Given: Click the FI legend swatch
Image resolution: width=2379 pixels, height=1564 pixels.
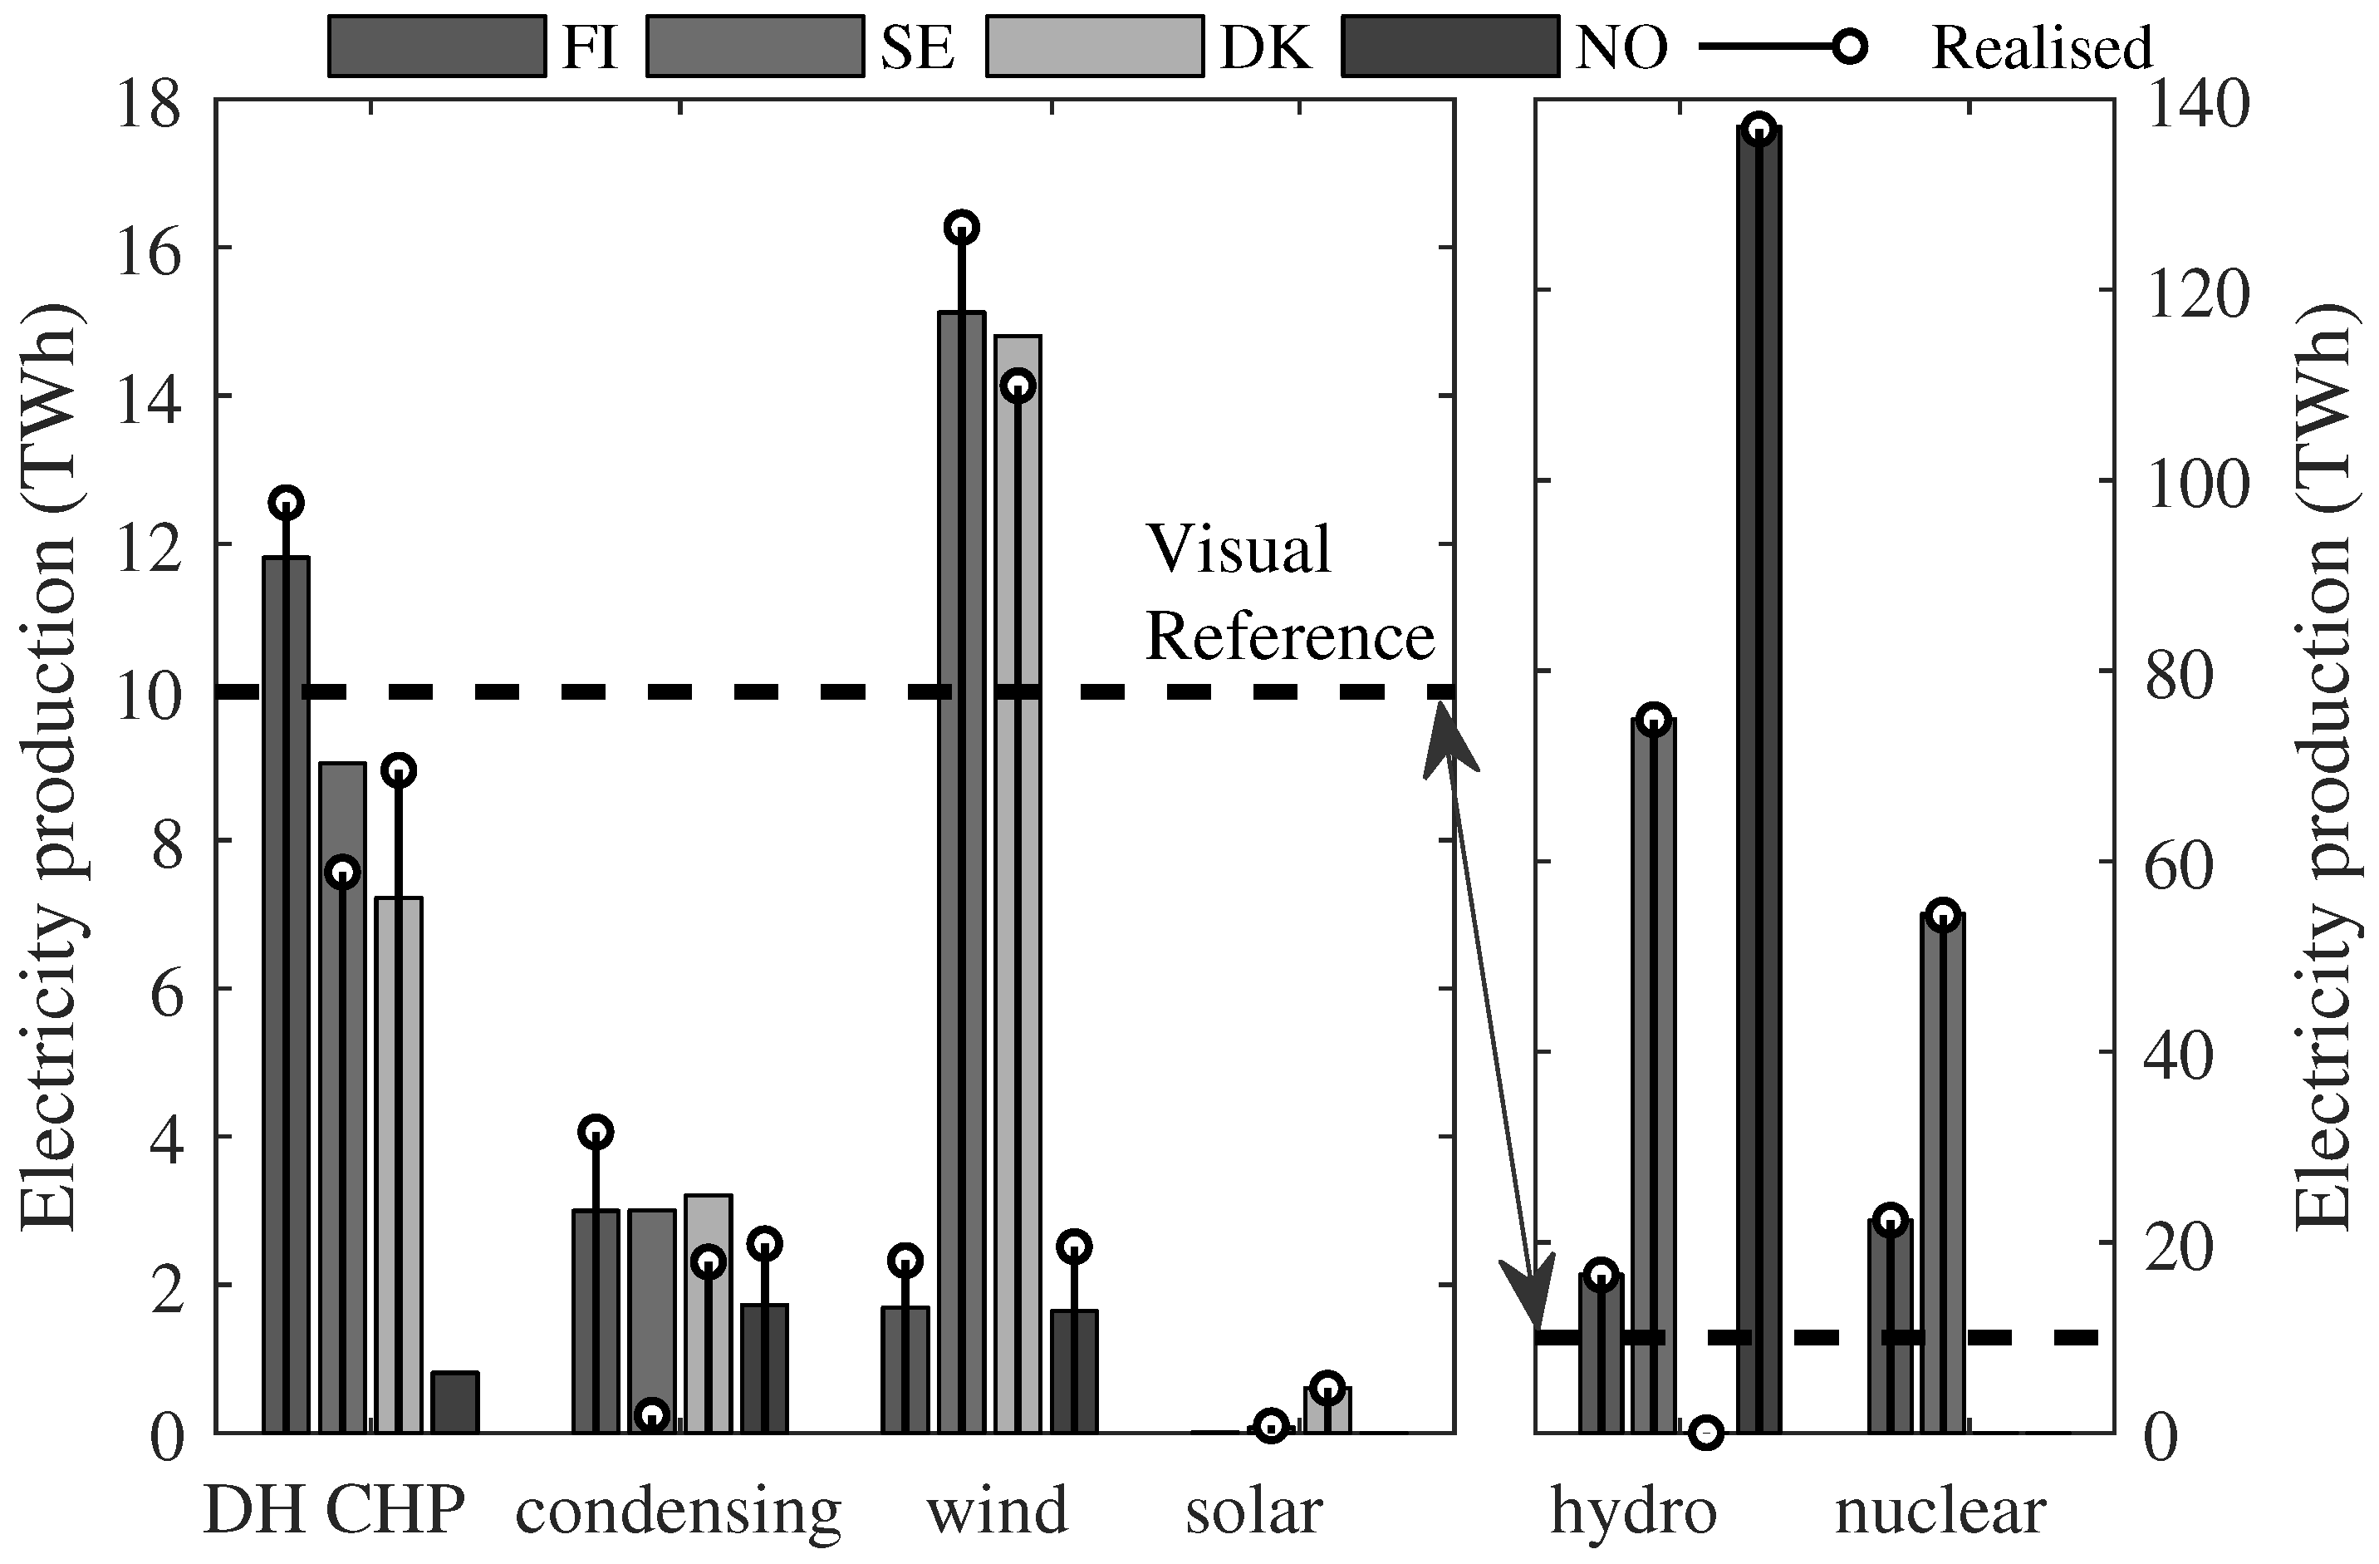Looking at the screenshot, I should (437, 46).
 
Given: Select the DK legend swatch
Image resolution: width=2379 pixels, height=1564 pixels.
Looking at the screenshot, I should (1095, 46).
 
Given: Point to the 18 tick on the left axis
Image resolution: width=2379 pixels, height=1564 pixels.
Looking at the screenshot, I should (149, 105).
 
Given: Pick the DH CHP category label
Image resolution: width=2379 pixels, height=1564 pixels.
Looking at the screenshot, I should (334, 1509).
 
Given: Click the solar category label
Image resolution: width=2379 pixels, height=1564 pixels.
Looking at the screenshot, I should (1253, 1509).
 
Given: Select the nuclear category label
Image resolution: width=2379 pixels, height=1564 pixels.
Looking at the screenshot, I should (1940, 1509).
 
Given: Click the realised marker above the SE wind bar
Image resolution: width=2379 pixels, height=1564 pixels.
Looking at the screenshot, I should (962, 228).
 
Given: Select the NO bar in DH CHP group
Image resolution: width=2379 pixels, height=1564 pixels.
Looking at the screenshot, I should (455, 1402).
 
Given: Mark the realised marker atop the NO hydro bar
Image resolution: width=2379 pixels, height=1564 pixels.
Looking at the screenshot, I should (1759, 129).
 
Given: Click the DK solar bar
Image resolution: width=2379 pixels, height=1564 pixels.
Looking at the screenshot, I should (1327, 1411).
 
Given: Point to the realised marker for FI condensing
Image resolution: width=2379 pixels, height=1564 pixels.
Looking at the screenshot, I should (596, 1132).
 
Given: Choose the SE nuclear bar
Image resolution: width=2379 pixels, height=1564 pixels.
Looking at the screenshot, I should (1943, 1174).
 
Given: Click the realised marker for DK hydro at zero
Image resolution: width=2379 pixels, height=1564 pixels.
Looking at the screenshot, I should (1706, 1433).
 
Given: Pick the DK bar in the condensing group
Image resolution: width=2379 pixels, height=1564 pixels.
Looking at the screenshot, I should (708, 1314).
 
